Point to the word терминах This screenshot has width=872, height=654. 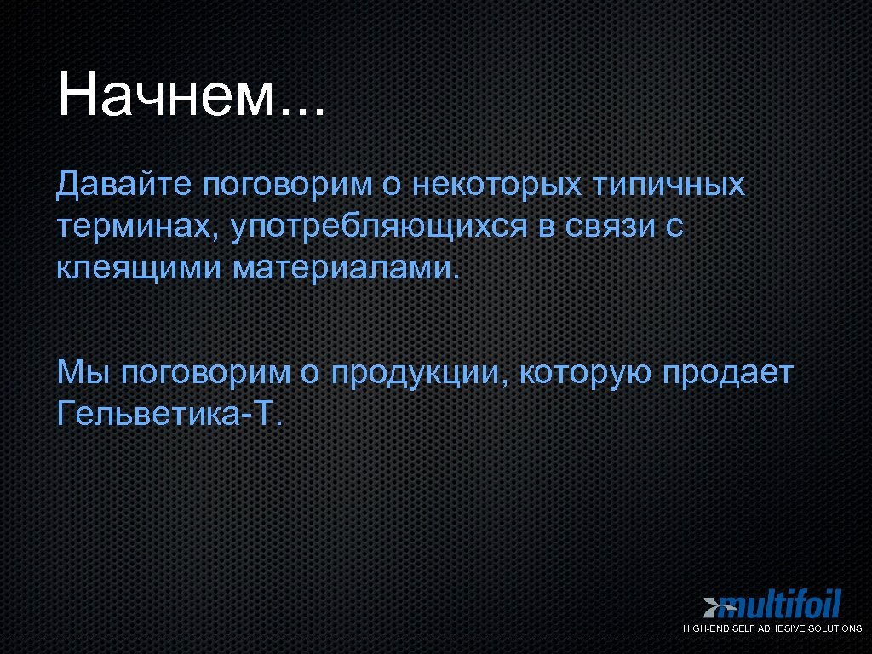[x=135, y=227]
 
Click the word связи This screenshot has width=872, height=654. [x=605, y=227]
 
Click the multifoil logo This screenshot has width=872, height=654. [x=780, y=605]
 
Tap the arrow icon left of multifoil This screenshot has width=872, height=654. [x=712, y=606]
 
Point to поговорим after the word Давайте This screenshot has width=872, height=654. [x=288, y=184]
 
